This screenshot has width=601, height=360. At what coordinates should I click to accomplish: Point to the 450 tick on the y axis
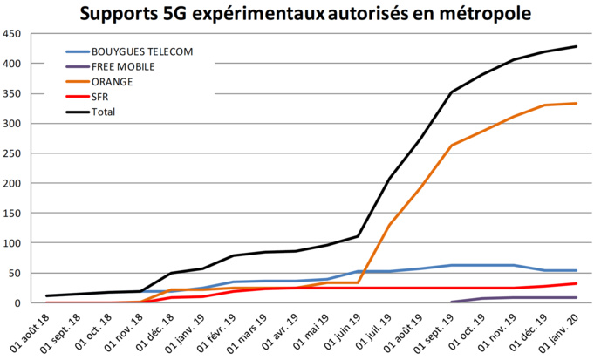[11, 34]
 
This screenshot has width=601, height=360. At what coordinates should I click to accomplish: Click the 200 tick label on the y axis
[11, 184]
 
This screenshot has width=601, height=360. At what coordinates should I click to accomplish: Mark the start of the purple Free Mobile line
[451, 302]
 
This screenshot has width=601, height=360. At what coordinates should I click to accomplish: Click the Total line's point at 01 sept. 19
[451, 92]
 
